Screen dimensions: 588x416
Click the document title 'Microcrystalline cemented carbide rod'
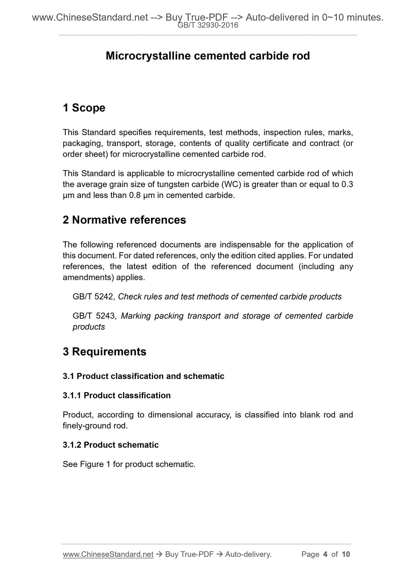[208, 56]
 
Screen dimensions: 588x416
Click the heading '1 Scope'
[84, 108]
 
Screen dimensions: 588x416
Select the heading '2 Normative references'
[124, 220]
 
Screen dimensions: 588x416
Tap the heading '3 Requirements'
[105, 352]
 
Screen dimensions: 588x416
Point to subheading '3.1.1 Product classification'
[117, 396]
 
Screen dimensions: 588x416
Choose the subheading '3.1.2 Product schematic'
[111, 445]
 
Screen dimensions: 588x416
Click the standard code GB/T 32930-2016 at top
[208, 25]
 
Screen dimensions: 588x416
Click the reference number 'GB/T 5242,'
[94, 297]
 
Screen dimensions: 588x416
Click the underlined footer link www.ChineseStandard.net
[108, 554]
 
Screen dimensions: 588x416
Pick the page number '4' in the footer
[325, 554]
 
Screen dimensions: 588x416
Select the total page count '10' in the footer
[346, 554]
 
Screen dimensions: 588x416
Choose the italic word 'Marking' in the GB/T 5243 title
[136, 316]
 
